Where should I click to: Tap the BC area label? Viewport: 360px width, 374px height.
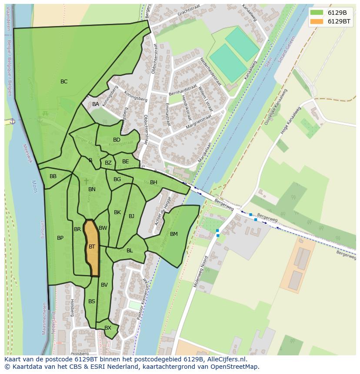click(x=64, y=82)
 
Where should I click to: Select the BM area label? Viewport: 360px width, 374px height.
click(x=174, y=234)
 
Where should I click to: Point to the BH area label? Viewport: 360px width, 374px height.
click(x=153, y=182)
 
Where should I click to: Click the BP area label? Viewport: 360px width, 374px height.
click(x=60, y=238)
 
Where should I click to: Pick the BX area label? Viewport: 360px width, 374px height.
click(x=108, y=328)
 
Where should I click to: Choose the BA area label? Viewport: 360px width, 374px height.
click(x=96, y=104)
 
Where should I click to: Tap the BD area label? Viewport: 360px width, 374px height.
click(x=117, y=140)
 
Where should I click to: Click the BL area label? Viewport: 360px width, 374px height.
click(x=130, y=251)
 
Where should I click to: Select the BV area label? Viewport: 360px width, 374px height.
click(x=104, y=285)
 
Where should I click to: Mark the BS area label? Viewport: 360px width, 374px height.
click(x=92, y=301)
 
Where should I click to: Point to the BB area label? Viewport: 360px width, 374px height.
click(x=53, y=176)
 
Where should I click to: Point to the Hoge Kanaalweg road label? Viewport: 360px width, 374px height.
click(x=290, y=121)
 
